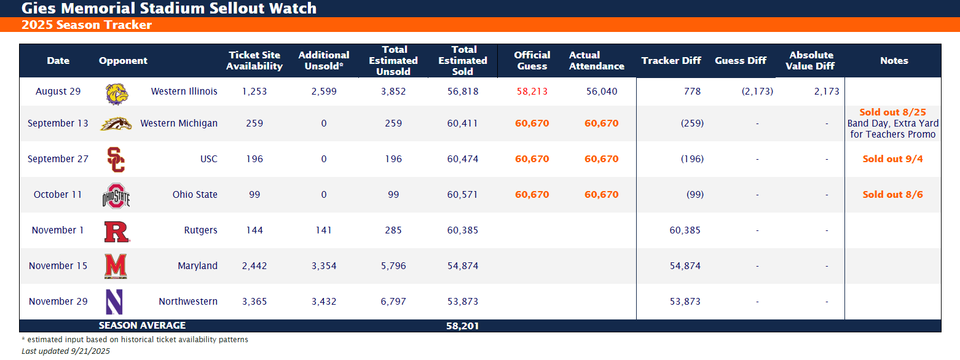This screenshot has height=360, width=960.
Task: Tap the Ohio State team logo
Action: click(x=116, y=195)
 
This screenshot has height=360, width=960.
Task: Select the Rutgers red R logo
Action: click(x=116, y=231)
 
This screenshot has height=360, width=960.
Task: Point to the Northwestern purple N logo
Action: click(x=115, y=302)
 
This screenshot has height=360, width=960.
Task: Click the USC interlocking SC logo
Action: click(x=116, y=160)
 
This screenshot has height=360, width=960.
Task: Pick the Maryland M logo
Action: click(x=116, y=266)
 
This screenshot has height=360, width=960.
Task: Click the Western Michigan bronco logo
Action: click(x=116, y=123)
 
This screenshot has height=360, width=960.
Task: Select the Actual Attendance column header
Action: click(x=596, y=61)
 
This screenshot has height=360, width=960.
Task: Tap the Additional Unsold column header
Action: click(x=324, y=61)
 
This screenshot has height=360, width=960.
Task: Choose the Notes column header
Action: click(x=894, y=61)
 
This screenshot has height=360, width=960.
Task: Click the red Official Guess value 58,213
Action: click(x=532, y=92)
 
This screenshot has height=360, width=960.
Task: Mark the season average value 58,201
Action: click(x=462, y=326)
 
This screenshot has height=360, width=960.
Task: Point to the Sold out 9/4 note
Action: click(x=892, y=159)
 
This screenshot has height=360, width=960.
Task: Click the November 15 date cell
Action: click(x=58, y=266)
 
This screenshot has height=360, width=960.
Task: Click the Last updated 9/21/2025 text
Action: click(x=66, y=351)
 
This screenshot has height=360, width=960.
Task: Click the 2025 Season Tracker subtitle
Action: click(x=87, y=25)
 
